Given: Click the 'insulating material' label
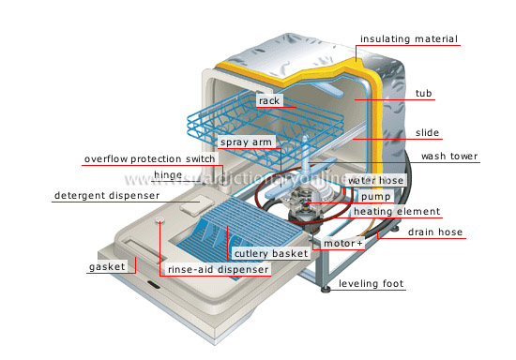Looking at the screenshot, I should [409, 39].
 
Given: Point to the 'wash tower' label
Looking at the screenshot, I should [447, 157].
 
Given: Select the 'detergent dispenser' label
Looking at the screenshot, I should [112, 196].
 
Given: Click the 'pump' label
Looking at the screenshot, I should [375, 197].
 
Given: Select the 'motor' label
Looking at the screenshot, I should [343, 244].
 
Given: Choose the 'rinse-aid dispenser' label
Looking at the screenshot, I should [218, 269].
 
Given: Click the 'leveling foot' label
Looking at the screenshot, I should [372, 284].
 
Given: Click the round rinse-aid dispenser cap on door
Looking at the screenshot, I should [162, 221].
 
